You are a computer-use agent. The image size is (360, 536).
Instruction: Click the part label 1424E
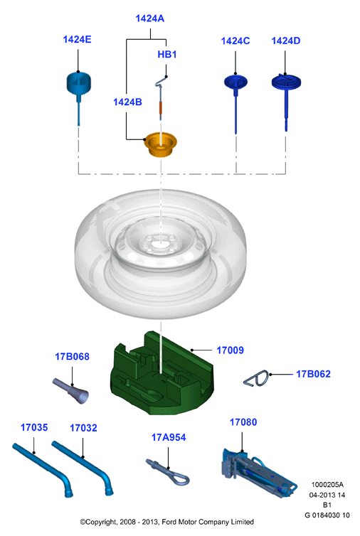point(77,40)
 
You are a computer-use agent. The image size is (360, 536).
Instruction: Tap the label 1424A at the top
point(150,18)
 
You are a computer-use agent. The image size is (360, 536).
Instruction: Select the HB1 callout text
point(167,54)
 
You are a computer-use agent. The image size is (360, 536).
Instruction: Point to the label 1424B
point(127,102)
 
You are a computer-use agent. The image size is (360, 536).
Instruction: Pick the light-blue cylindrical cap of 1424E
point(79,82)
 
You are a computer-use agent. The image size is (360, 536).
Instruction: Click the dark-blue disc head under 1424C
point(235,82)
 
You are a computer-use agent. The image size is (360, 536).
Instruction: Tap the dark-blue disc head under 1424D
point(286,82)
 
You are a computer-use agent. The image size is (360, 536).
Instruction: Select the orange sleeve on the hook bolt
point(161,108)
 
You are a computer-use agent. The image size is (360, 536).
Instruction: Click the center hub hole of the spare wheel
point(161,245)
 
